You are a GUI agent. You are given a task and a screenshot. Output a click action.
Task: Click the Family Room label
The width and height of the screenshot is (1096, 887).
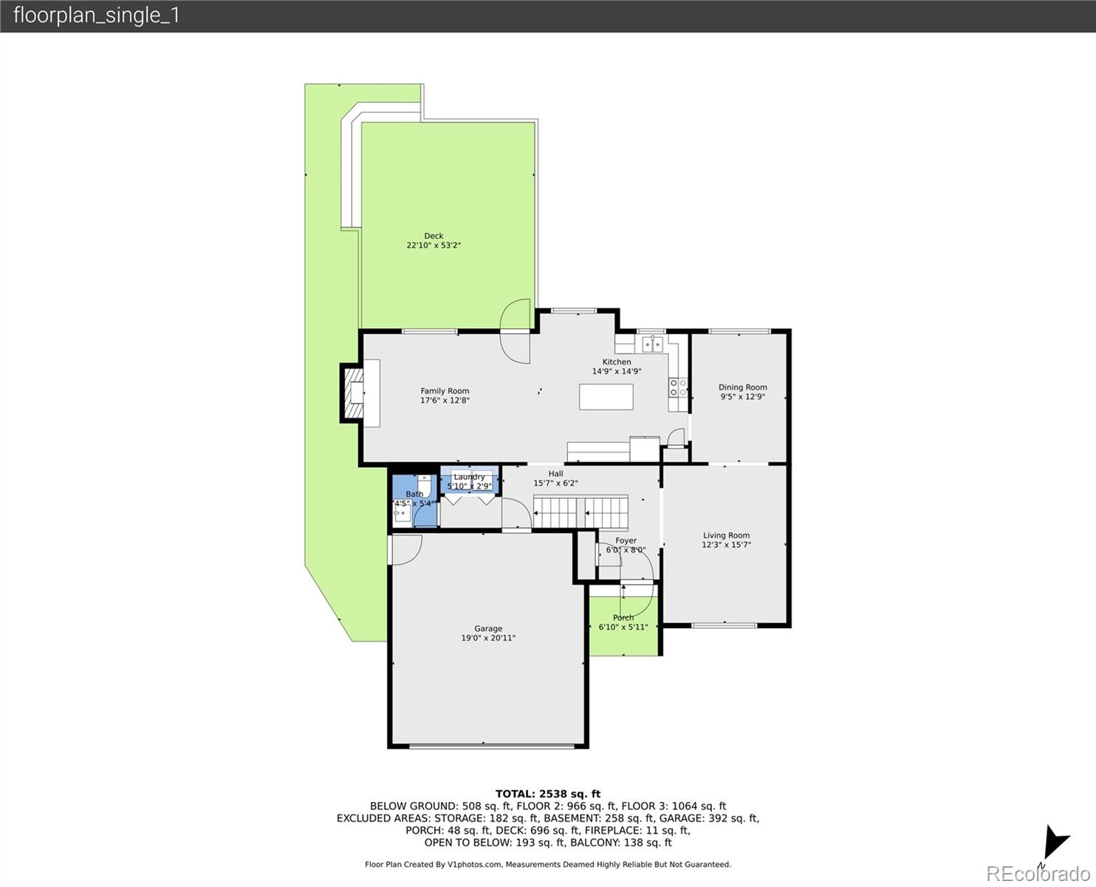click(445, 391)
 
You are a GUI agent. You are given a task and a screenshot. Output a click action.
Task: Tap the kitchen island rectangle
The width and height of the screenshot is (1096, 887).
click(606, 397)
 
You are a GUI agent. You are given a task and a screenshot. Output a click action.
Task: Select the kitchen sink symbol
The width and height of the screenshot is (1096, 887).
click(651, 344)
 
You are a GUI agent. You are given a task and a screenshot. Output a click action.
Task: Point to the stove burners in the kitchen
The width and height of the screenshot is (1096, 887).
click(678, 388)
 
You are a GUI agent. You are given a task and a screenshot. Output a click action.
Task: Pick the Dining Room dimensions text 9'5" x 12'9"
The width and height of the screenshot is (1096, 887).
click(742, 397)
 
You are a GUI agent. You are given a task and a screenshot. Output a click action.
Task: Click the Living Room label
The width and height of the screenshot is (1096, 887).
click(726, 535)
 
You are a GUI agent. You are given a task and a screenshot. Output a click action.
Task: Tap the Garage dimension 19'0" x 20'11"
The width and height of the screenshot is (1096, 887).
click(488, 638)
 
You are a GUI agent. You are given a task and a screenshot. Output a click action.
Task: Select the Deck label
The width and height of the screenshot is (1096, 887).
click(434, 236)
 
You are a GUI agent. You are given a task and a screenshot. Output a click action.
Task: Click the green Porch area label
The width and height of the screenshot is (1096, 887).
click(623, 618)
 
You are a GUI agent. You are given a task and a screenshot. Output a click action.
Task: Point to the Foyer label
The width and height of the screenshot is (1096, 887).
click(626, 540)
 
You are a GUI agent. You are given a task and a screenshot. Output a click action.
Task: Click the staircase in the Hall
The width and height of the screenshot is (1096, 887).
click(580, 512)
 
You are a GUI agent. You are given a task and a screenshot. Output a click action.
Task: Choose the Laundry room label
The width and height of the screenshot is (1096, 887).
click(469, 477)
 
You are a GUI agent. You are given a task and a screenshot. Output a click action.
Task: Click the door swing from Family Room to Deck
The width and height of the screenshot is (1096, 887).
click(515, 332)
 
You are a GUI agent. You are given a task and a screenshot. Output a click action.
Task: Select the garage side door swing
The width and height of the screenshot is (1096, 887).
click(405, 550)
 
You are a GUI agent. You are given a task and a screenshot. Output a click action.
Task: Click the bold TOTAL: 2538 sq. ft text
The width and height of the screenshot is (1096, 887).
click(547, 794)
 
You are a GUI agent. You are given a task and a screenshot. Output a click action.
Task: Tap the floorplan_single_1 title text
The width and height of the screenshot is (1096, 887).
click(97, 16)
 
